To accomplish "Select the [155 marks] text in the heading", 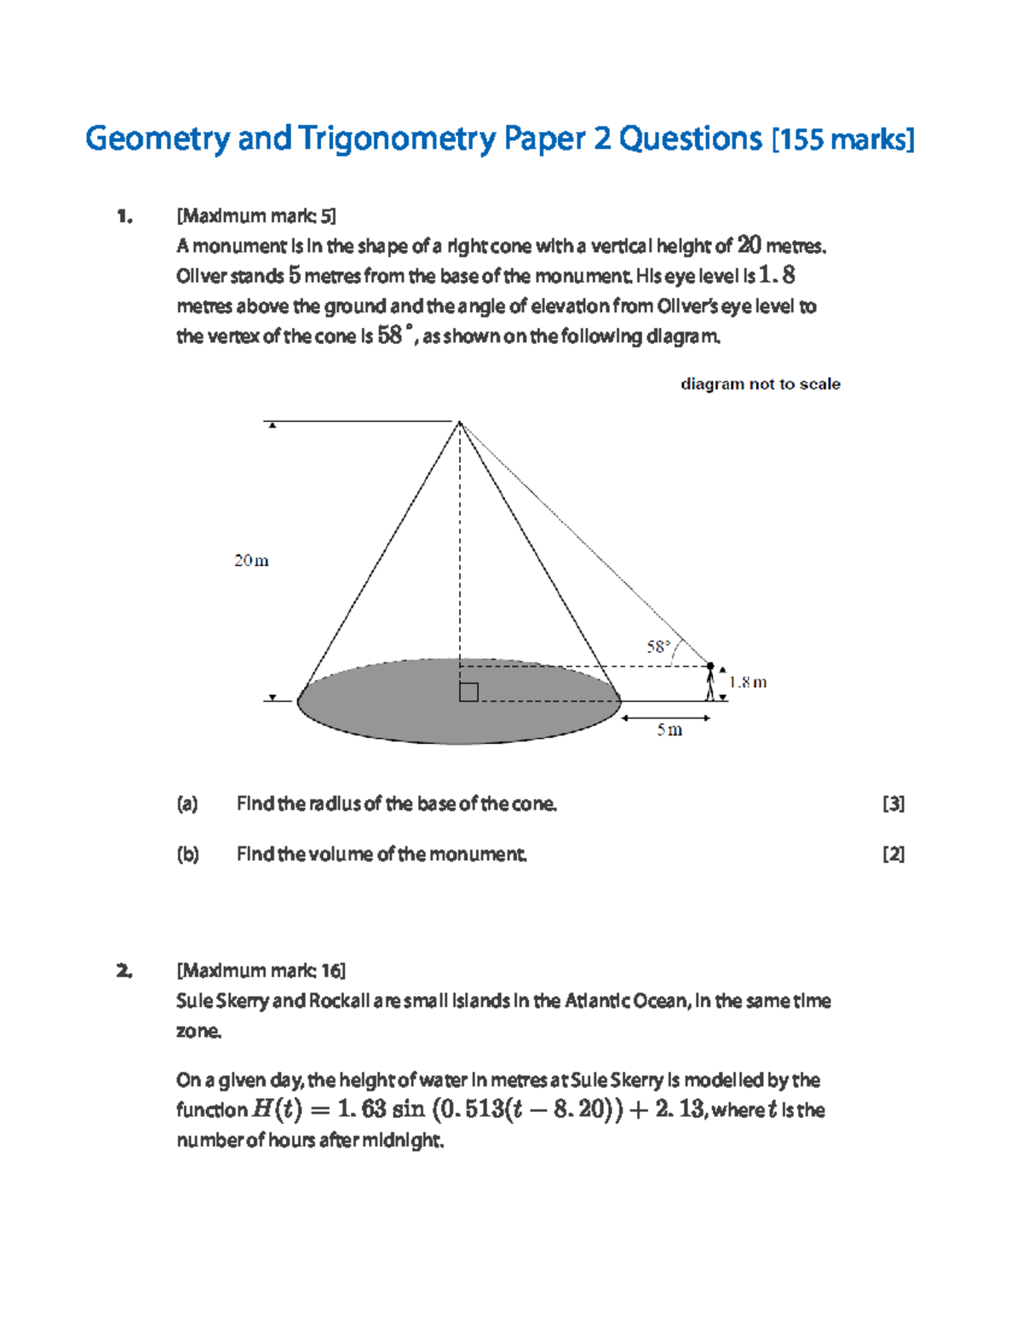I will (842, 140).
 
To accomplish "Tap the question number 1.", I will (124, 216).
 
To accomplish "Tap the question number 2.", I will (124, 970).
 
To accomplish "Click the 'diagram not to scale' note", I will (760, 384).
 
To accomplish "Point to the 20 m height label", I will (251, 561).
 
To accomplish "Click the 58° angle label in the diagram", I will (658, 647).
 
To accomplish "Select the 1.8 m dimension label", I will (748, 682).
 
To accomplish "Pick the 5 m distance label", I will (669, 730).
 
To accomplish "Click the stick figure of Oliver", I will (710, 682).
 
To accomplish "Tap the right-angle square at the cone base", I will (468, 692).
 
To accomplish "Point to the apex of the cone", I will (459, 421).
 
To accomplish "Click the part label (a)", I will (187, 804).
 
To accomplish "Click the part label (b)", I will (187, 854).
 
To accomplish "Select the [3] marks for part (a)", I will (893, 804).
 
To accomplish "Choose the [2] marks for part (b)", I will (893, 854).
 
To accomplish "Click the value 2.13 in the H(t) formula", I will (680, 1109).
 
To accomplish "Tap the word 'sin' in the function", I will (408, 1109).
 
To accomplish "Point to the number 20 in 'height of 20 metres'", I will (749, 245).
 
